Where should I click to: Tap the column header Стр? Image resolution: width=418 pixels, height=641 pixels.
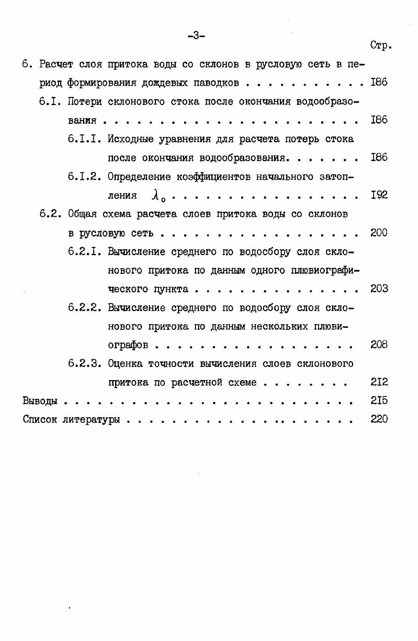pyautogui.click(x=381, y=45)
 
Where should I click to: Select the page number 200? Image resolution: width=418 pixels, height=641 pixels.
pyautogui.click(x=379, y=233)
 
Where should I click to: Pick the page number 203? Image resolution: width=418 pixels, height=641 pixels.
pyautogui.click(x=379, y=289)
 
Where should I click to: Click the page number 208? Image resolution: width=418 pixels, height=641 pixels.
pyautogui.click(x=379, y=345)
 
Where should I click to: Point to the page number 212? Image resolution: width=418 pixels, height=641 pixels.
pyautogui.click(x=379, y=382)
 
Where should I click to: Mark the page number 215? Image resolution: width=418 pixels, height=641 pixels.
pyautogui.click(x=379, y=401)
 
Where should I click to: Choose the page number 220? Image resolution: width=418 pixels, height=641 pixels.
pyautogui.click(x=379, y=419)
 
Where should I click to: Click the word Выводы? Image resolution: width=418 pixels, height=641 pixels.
pyautogui.click(x=40, y=402)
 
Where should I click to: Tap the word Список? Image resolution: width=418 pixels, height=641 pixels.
pyautogui.click(x=39, y=420)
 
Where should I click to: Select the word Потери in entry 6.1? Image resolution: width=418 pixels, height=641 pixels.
pyautogui.click(x=85, y=101)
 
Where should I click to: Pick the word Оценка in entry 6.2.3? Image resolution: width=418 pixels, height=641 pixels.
pyautogui.click(x=125, y=363)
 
